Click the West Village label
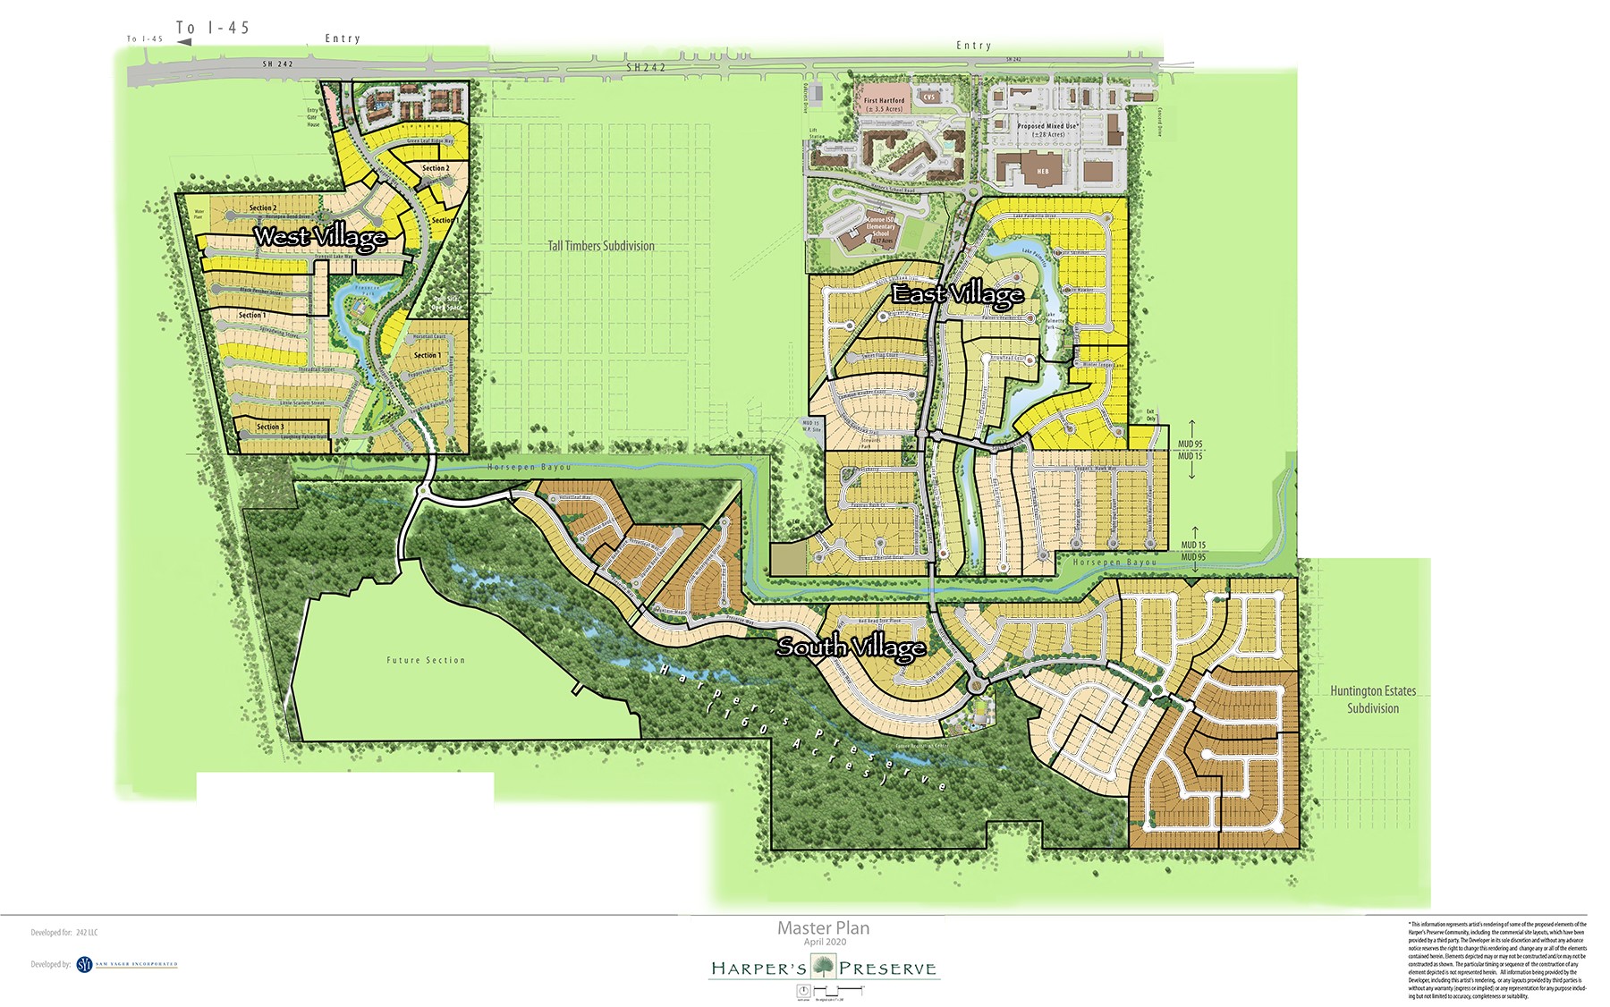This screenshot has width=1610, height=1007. pyautogui.click(x=320, y=237)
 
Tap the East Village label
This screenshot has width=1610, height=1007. pyautogui.click(x=957, y=294)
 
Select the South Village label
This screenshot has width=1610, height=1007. pyautogui.click(x=851, y=647)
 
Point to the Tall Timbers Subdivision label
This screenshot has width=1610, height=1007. pyautogui.click(x=601, y=246)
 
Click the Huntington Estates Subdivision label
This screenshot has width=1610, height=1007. pyautogui.click(x=1372, y=699)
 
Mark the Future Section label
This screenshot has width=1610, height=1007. pyautogui.click(x=426, y=660)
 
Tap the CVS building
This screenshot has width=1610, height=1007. pyautogui.click(x=928, y=97)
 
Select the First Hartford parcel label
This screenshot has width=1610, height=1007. pyautogui.click(x=884, y=105)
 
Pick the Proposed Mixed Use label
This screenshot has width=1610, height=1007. pyautogui.click(x=1046, y=130)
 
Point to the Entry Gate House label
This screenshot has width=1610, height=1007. pyautogui.click(x=312, y=117)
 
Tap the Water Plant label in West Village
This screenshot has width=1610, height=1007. pyautogui.click(x=199, y=216)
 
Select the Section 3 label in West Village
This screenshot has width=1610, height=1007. pyautogui.click(x=270, y=427)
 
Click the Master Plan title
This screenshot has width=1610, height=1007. pyautogui.click(x=823, y=928)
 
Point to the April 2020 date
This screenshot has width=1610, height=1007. pyautogui.click(x=823, y=942)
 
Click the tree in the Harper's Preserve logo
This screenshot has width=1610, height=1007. pyautogui.click(x=823, y=967)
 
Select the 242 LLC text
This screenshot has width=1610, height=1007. pyautogui.click(x=87, y=933)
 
